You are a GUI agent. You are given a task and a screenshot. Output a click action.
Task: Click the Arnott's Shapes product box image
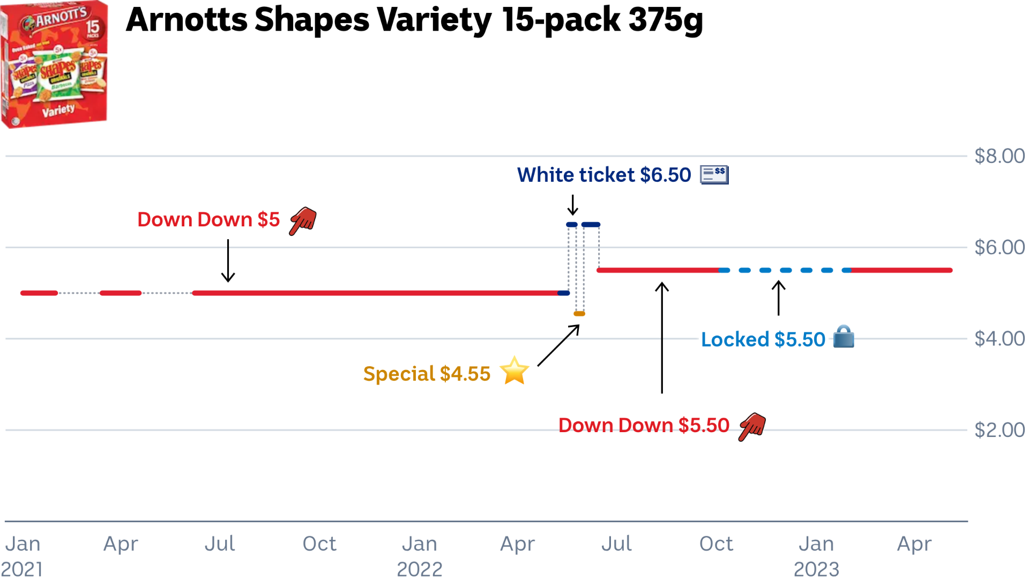pos(54,64)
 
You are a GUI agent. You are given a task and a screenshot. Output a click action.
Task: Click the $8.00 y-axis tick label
pos(999,156)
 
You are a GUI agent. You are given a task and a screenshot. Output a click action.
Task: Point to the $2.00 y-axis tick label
pos(999,430)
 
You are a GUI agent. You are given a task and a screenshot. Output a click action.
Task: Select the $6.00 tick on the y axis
pos(999,247)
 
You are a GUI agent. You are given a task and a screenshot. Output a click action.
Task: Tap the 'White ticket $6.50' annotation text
pos(604,175)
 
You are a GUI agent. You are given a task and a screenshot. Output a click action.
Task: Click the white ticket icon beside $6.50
pos(714,175)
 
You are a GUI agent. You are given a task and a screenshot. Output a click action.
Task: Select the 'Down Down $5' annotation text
pos(208,220)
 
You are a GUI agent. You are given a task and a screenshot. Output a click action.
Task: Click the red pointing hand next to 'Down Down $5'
pos(303,220)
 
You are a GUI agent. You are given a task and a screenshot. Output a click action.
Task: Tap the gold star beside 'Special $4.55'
pos(514,371)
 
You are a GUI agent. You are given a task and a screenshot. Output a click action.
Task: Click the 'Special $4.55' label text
pos(427,374)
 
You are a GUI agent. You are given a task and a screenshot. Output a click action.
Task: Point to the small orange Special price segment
pos(579,314)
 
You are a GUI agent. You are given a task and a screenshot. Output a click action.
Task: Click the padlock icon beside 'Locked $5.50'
pos(844,337)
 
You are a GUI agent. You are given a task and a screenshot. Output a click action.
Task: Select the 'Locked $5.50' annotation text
pos(763,340)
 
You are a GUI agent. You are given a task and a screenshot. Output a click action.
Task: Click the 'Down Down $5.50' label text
pos(644,426)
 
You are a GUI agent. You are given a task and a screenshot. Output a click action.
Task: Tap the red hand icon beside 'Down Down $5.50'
pos(752,426)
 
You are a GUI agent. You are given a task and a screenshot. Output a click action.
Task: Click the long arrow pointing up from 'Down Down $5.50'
pos(662,338)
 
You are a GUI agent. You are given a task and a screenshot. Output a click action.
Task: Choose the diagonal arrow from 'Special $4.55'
pos(558,346)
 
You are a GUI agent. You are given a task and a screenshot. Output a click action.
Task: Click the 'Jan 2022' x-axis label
pos(420,555)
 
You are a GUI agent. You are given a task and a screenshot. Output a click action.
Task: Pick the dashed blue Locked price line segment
pos(786,270)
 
